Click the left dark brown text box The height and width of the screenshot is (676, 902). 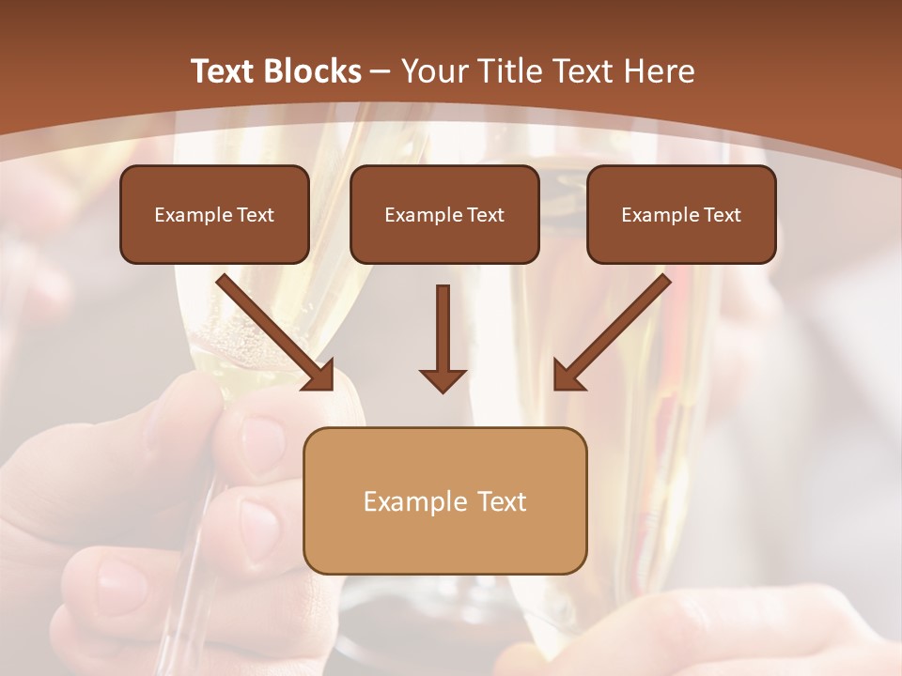click(x=214, y=214)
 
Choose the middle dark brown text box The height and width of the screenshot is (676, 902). click(x=444, y=214)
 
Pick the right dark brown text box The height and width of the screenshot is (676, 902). click(x=681, y=214)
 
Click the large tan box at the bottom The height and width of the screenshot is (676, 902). click(x=444, y=500)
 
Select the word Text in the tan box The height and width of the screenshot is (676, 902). click(x=503, y=501)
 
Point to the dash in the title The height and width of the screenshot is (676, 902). click(x=381, y=71)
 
